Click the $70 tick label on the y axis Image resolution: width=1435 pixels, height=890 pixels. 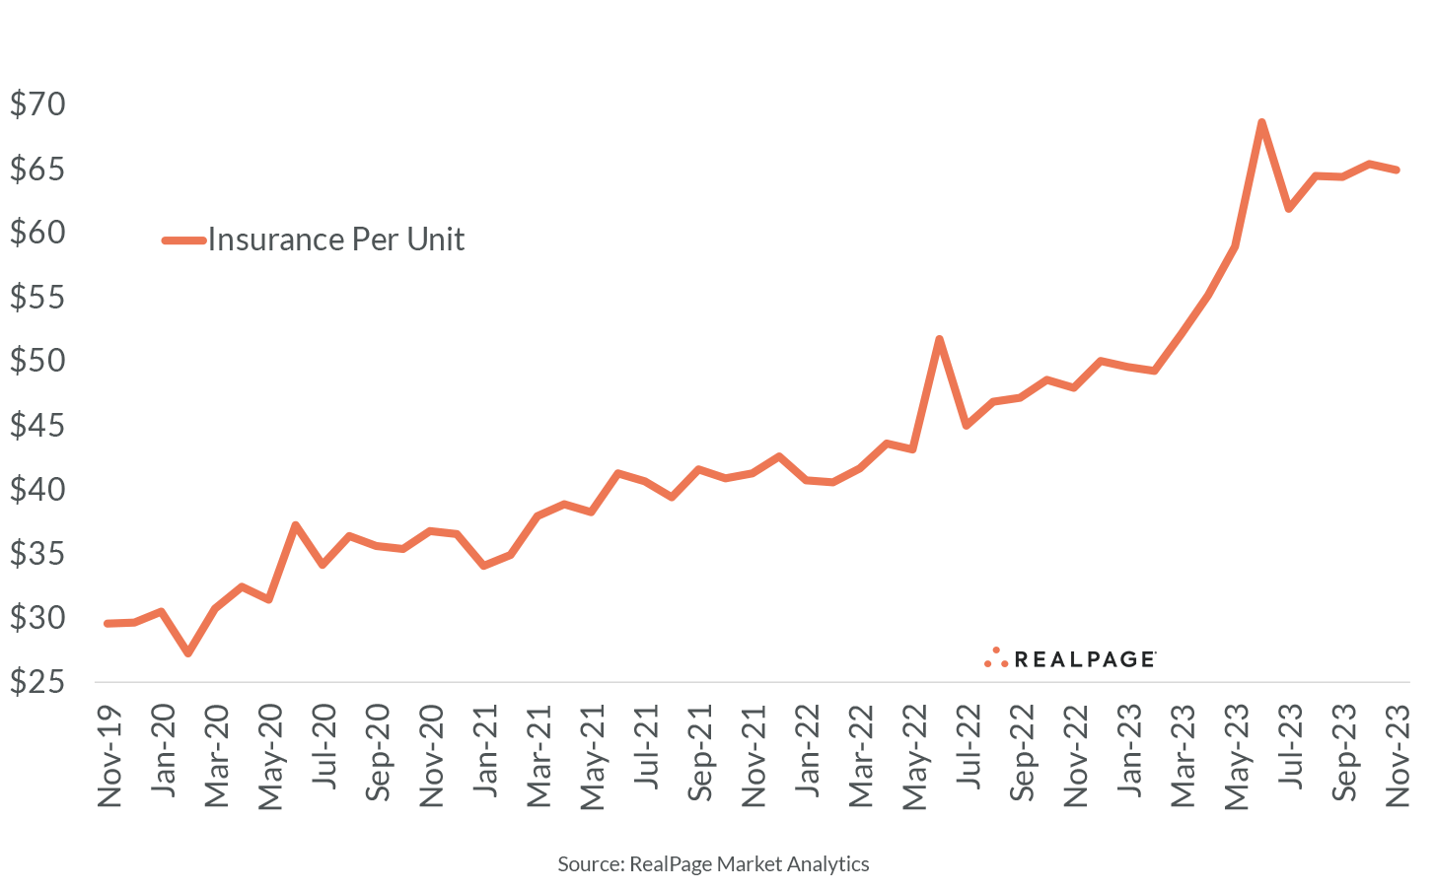point(37,104)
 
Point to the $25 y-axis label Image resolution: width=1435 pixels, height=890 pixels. point(37,682)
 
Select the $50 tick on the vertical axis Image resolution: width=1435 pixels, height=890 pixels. point(37,361)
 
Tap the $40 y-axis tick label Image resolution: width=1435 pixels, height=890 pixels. point(37,490)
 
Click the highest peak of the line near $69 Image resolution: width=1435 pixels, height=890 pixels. point(1261,122)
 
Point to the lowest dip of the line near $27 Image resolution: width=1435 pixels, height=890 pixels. point(188,653)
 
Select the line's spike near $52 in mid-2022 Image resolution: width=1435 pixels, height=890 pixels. point(939,339)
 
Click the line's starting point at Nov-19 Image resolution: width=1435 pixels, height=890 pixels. point(108,623)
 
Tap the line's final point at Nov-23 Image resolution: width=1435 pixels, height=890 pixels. point(1397,170)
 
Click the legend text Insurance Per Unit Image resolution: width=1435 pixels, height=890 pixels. point(335,240)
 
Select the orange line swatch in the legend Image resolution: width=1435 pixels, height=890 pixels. point(183,240)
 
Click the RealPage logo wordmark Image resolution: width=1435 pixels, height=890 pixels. point(1084,659)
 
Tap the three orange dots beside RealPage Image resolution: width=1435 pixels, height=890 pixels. point(996,658)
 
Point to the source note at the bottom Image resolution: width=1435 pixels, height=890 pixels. point(713,864)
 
